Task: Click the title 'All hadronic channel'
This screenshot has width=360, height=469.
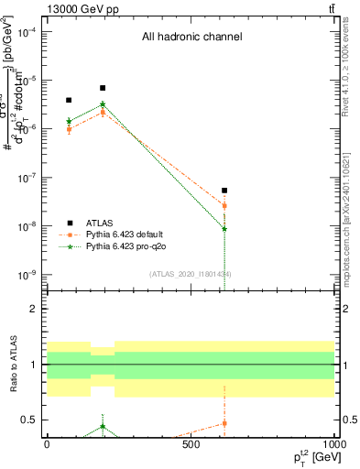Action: click(191, 38)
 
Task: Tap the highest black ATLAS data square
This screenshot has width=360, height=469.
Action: click(103, 88)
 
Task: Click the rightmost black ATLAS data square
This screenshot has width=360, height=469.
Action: click(224, 191)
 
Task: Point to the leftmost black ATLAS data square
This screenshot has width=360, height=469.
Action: click(69, 100)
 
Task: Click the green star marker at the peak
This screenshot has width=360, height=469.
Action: click(103, 104)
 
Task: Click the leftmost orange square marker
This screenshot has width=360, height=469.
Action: click(69, 129)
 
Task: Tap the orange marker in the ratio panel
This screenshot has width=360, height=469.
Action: click(224, 423)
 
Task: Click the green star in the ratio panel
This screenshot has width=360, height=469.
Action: click(103, 427)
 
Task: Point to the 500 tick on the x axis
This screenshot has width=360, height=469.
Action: click(191, 444)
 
